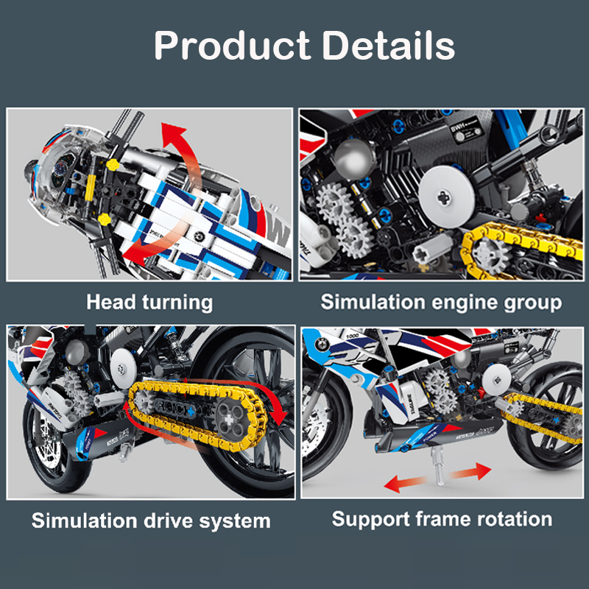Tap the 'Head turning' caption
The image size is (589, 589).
pyautogui.click(x=149, y=302)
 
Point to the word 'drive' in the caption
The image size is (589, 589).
pyautogui.click(x=166, y=521)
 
